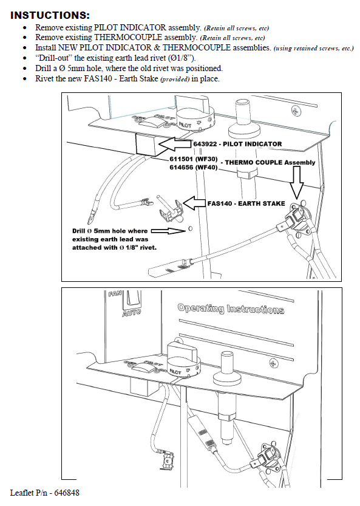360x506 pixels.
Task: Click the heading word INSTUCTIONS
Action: point(50,15)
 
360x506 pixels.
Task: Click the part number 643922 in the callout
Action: point(205,144)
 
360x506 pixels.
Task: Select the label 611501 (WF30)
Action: point(194,159)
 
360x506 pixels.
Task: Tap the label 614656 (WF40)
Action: point(194,168)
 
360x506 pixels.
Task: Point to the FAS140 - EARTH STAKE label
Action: point(246,203)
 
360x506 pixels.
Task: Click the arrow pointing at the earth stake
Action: point(194,203)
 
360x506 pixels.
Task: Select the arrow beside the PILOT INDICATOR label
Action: point(176,144)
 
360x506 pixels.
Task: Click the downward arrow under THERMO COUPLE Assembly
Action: point(296,182)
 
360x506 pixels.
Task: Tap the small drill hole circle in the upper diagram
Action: point(190,228)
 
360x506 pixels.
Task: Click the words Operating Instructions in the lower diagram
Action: point(231,309)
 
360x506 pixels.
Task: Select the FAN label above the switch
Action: point(115,294)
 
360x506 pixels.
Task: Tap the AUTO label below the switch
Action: point(131,312)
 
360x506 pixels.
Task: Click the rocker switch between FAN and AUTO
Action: point(132,299)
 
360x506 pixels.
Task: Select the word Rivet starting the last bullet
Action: point(44,79)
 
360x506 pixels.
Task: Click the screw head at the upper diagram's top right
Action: point(296,111)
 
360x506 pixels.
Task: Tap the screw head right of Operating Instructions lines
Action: point(275,363)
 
